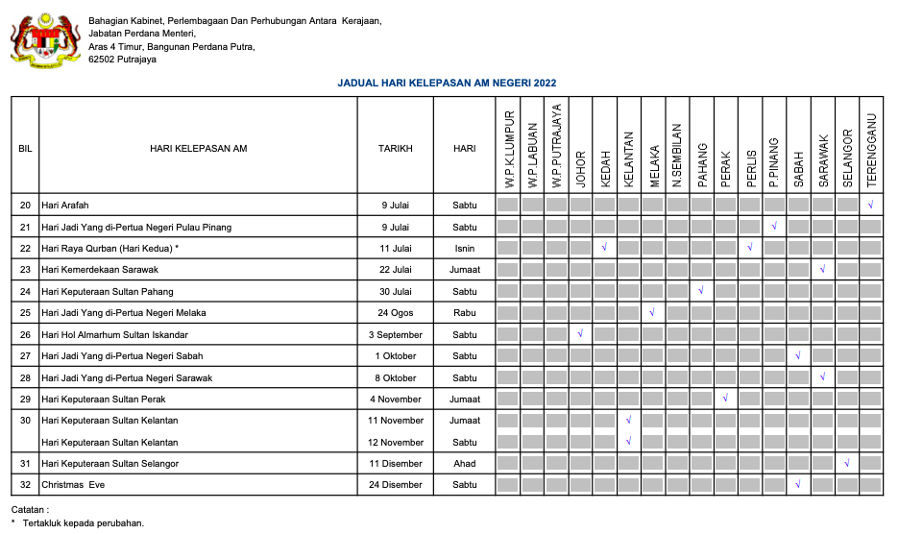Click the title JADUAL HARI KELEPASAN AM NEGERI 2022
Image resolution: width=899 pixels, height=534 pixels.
coord(447,84)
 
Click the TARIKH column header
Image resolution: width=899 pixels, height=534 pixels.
coord(395,149)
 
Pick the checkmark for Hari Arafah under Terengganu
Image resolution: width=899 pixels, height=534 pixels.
coord(870,205)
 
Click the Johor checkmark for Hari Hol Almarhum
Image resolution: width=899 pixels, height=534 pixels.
coord(580,334)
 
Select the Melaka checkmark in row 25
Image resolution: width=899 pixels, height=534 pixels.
coord(652,312)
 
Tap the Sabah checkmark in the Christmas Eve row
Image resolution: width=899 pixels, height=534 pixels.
coord(798,484)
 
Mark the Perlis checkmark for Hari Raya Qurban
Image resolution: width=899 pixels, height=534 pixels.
coord(749,248)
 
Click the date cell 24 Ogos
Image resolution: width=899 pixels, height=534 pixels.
coord(395,313)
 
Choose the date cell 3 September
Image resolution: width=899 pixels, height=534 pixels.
coord(395,335)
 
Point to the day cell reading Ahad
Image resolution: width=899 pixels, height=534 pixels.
coord(464,464)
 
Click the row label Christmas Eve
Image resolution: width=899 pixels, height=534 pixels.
coord(73,485)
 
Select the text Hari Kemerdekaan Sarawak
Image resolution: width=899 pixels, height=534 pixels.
coord(100,270)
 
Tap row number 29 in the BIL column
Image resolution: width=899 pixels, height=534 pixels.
coord(25,400)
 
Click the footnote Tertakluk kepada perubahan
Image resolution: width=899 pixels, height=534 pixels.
coord(84,523)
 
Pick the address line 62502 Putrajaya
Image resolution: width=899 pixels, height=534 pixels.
coord(122,60)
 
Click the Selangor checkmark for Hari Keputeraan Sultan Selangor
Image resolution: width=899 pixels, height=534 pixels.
coord(846,464)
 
